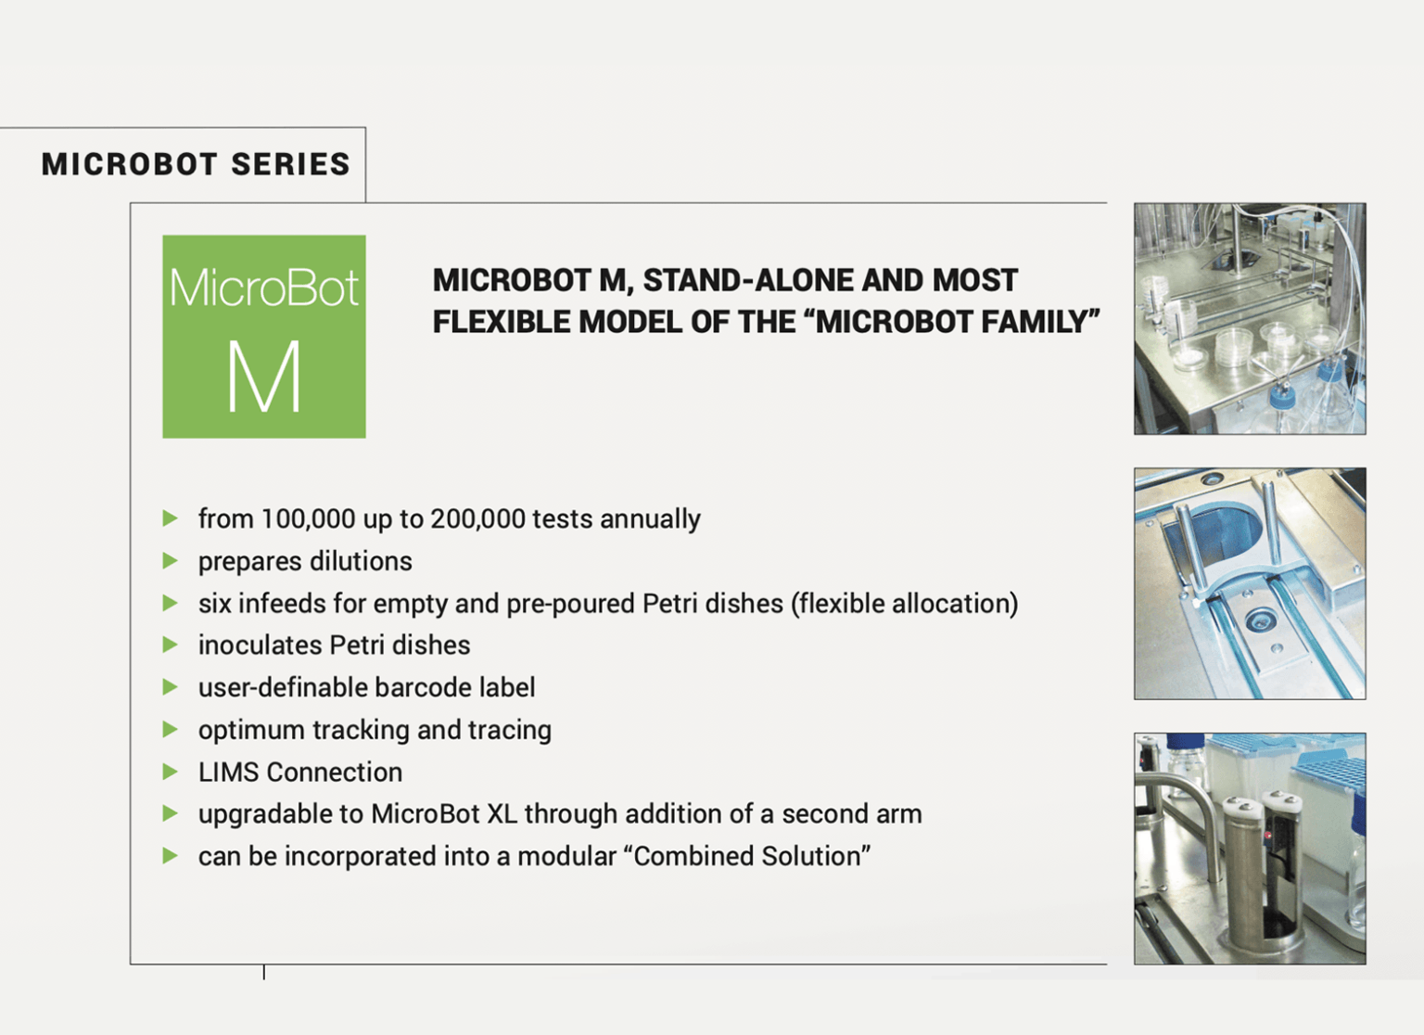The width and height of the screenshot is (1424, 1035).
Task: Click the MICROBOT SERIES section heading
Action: click(196, 164)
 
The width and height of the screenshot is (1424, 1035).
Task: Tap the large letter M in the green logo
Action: click(264, 377)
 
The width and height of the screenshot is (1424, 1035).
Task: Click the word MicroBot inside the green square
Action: click(264, 287)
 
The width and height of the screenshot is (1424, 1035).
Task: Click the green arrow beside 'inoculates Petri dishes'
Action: click(170, 645)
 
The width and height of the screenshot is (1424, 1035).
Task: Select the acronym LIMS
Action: click(229, 772)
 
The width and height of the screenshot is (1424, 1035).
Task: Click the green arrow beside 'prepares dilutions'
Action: click(170, 560)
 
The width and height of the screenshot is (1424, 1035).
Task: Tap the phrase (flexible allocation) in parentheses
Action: click(904, 603)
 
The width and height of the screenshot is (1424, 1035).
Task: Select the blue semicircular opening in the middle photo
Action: click(1224, 529)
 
